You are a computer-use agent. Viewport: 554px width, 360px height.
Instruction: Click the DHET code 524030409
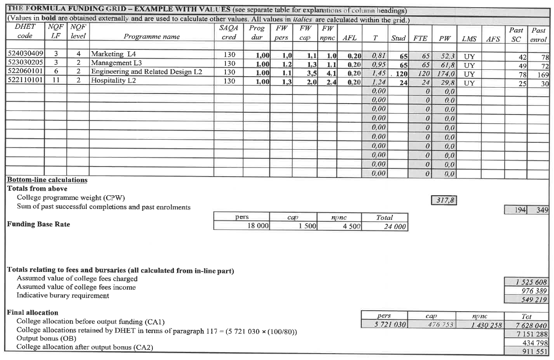[26, 54]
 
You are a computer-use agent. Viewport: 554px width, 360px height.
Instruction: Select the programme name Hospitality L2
[113, 81]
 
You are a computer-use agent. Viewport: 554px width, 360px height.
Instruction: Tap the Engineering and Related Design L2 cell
[146, 72]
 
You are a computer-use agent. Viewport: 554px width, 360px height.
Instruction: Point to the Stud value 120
[401, 73]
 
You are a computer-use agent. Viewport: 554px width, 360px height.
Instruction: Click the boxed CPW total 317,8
[444, 200]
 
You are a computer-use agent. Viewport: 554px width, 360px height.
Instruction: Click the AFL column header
[352, 37]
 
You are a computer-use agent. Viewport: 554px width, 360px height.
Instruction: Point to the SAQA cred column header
[229, 33]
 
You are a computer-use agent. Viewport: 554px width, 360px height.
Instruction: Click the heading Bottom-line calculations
[47, 180]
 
